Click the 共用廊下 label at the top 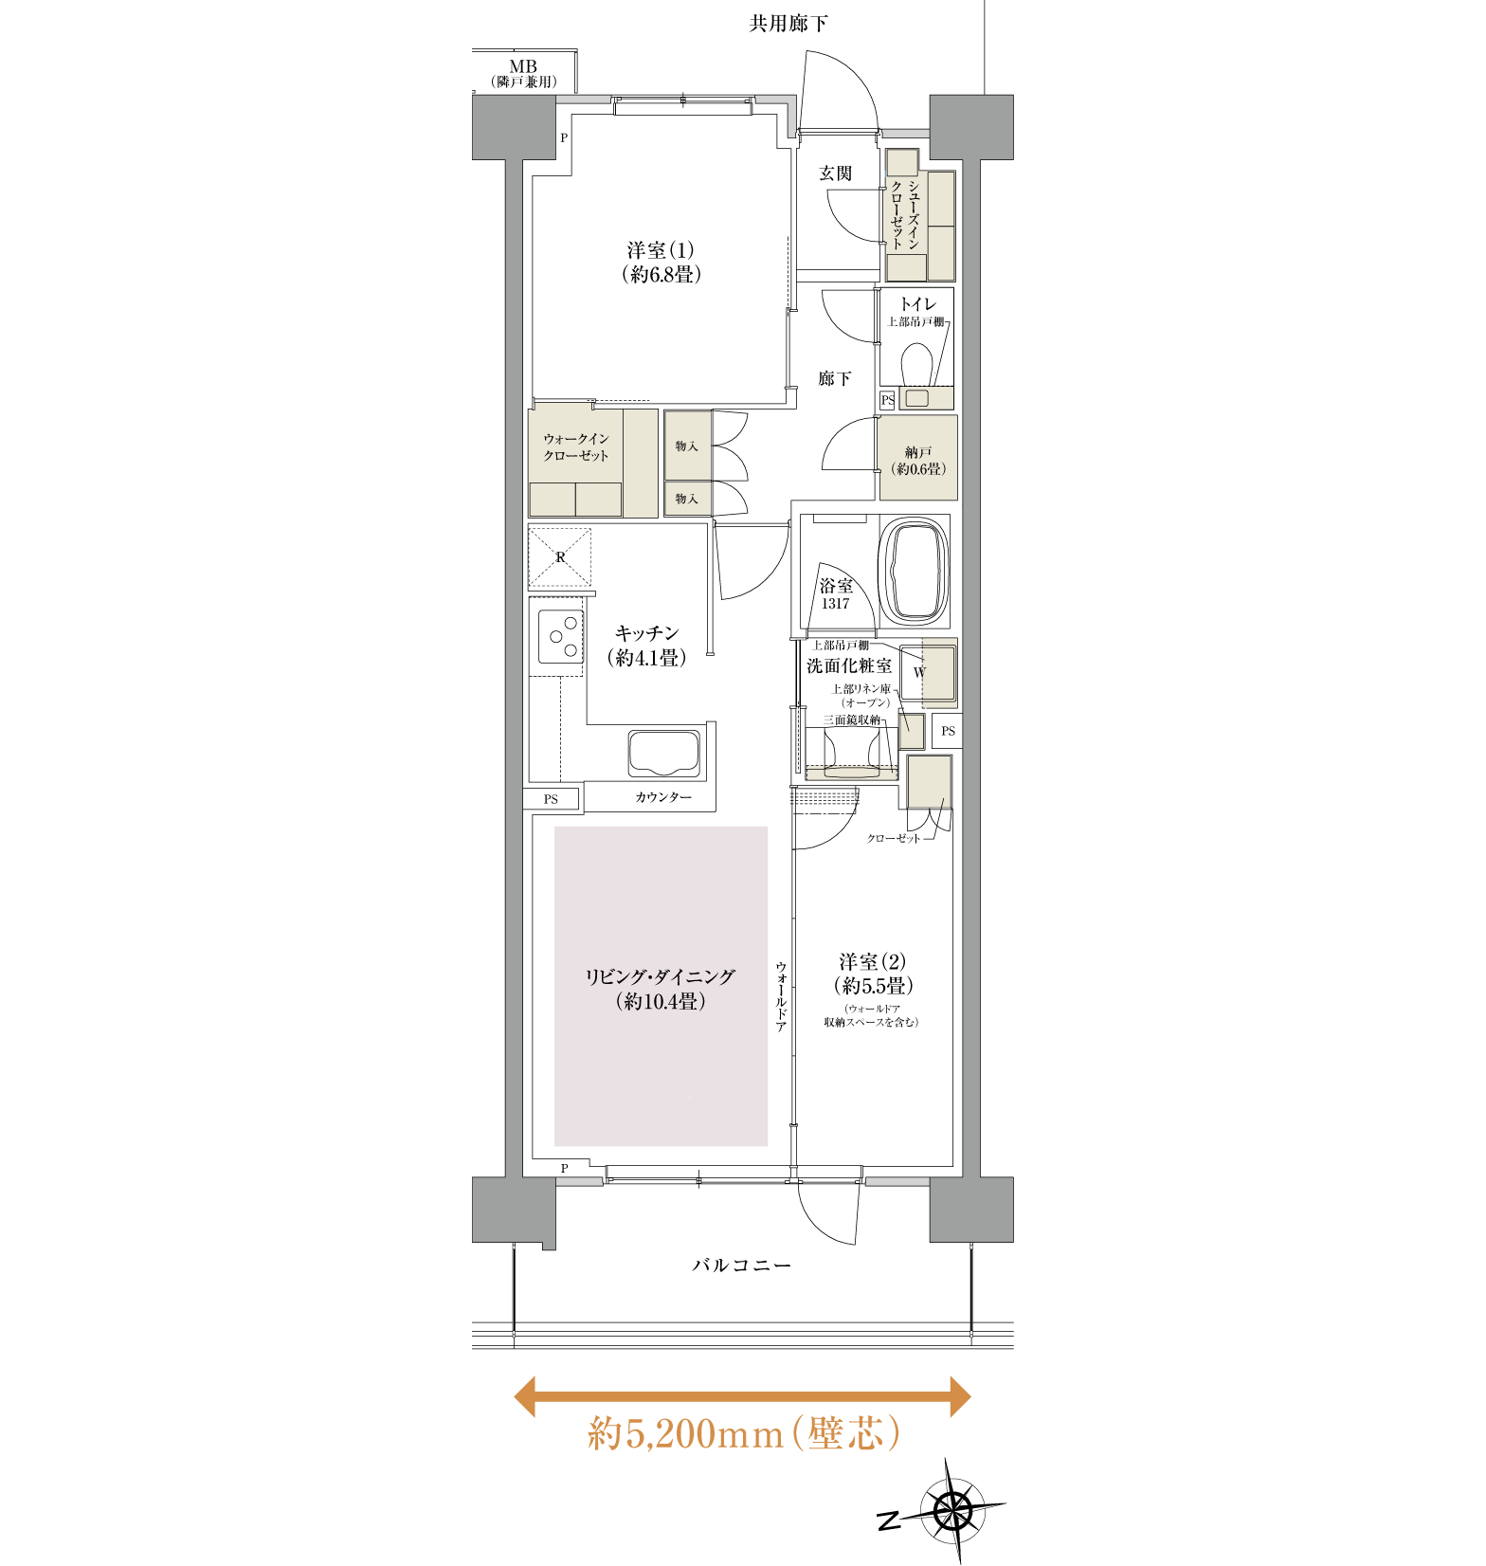click(788, 24)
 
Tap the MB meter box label click(523, 67)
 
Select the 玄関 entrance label click(835, 173)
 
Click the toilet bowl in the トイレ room click(915, 364)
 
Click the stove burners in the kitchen click(561, 637)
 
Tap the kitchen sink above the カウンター click(664, 754)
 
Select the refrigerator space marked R click(560, 557)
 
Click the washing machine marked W click(928, 673)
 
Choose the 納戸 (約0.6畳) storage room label click(918, 461)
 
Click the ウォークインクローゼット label click(576, 447)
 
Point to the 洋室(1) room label click(661, 263)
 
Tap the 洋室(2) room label click(873, 974)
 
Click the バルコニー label click(742, 1266)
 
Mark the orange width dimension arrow click(742, 1396)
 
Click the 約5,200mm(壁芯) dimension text click(744, 1433)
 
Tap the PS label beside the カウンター click(551, 799)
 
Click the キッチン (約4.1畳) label click(647, 646)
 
